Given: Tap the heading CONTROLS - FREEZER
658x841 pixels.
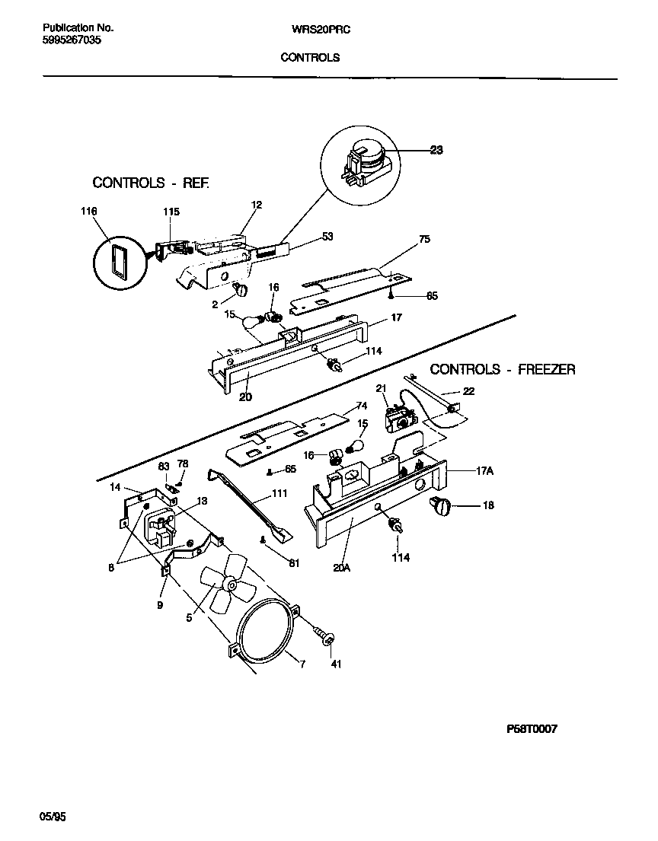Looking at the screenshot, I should (x=503, y=369).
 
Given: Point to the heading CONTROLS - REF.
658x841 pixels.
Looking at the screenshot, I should (x=150, y=183).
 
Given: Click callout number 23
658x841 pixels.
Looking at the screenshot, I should (x=436, y=150).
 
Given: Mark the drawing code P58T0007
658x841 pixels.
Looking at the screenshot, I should (x=532, y=728).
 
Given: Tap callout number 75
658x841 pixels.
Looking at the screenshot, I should (x=424, y=239).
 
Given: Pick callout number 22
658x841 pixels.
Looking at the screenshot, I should (x=468, y=392).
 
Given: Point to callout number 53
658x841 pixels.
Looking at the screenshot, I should (x=327, y=237).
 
